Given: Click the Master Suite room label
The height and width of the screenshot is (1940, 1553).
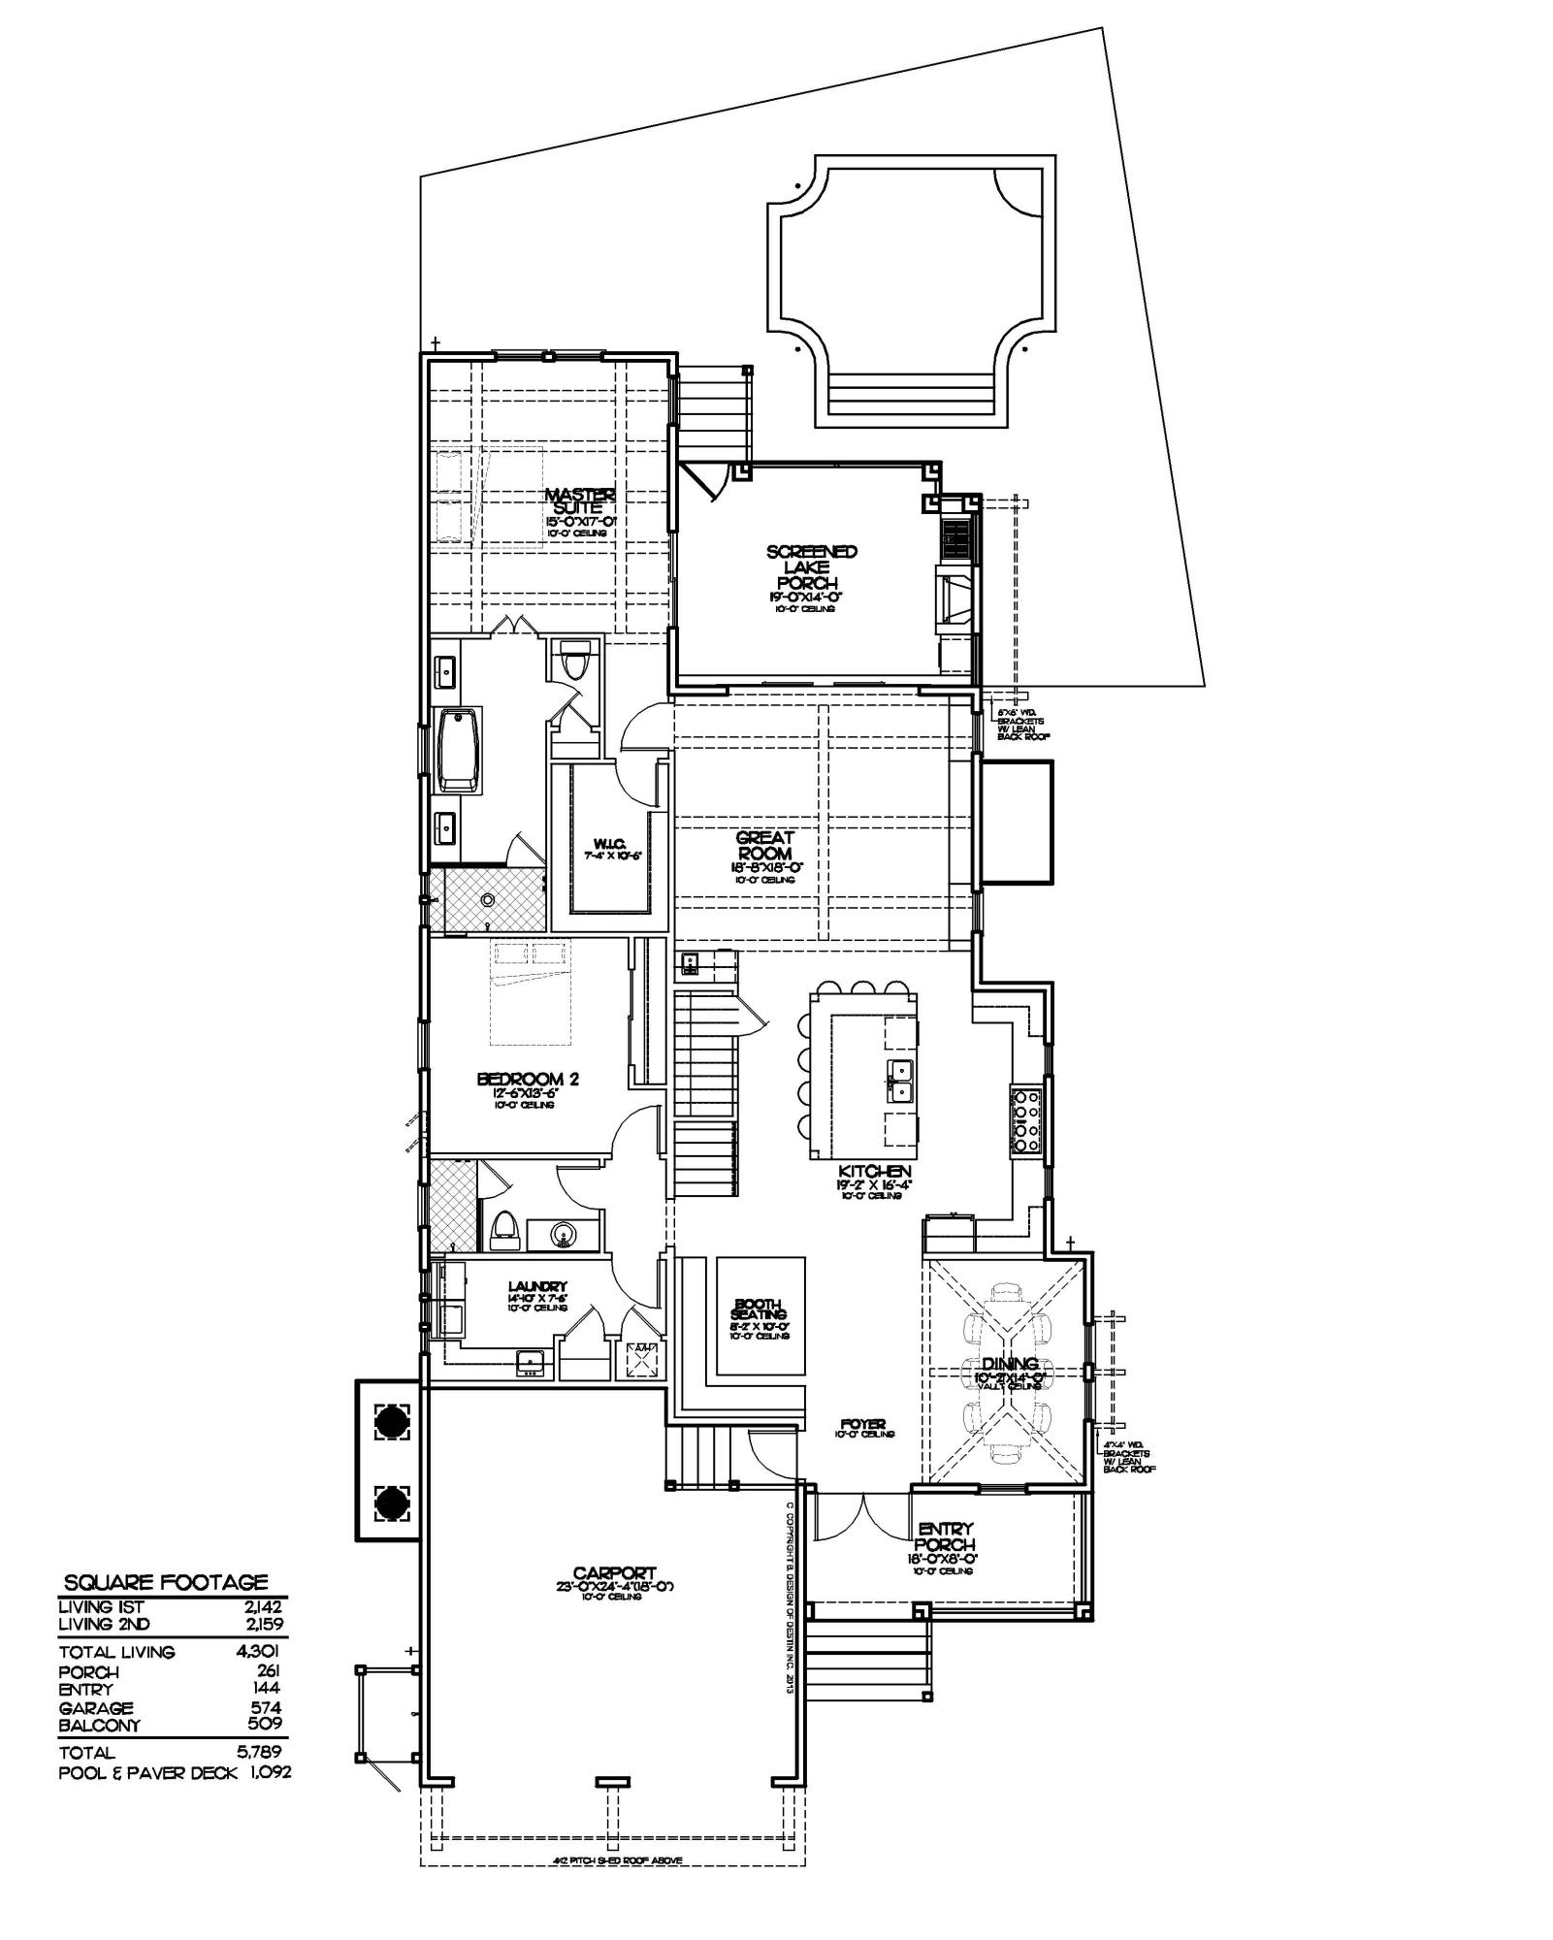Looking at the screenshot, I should tap(579, 501).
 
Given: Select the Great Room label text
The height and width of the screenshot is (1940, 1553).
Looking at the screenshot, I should tap(764, 845).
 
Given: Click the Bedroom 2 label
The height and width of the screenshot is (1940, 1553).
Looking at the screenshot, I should tap(528, 1079).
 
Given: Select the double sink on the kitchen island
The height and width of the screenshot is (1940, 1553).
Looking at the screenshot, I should tap(900, 1079).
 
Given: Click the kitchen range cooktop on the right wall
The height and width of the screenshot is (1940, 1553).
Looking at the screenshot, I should tap(1026, 1120).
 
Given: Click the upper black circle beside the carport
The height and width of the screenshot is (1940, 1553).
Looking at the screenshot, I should tap(392, 1422).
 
